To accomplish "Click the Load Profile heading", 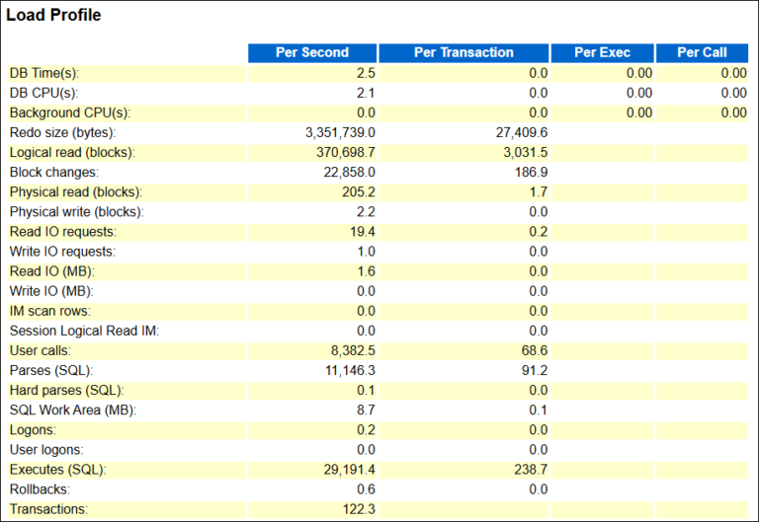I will click(53, 16).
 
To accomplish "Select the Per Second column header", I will click(311, 52).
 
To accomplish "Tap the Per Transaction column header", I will click(464, 52).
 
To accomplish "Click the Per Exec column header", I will click(602, 52).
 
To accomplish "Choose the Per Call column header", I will click(702, 52).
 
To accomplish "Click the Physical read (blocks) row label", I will click(75, 191).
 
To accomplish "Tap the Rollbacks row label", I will click(40, 488).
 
